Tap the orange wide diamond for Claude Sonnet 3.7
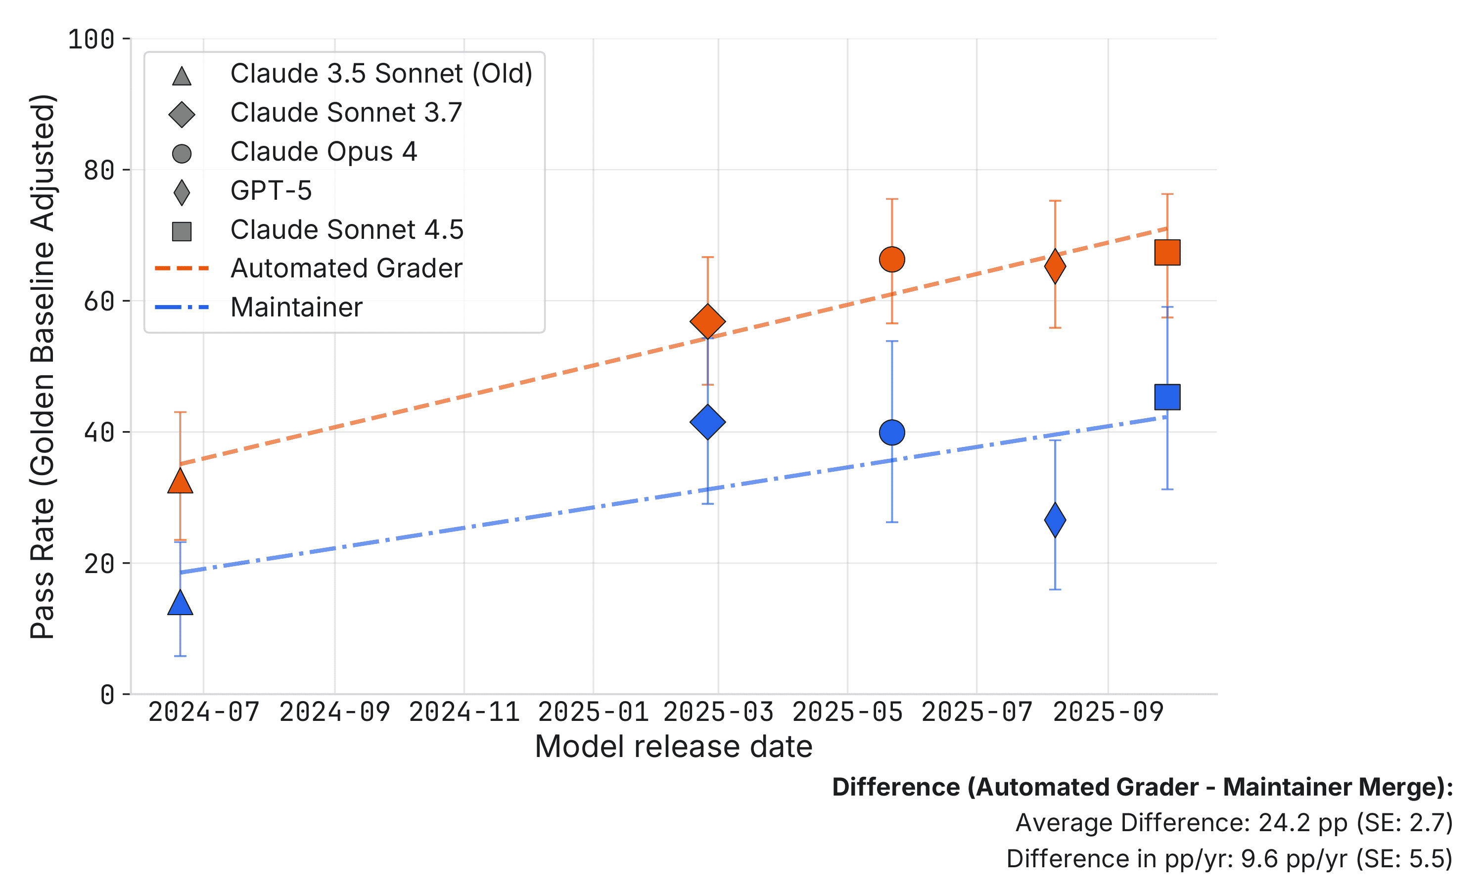coord(708,321)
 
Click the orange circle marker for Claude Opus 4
coord(892,260)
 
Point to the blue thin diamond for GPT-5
coord(1055,520)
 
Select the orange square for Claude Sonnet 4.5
coord(1167,253)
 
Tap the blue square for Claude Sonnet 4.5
coord(1167,397)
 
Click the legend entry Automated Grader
coord(346,268)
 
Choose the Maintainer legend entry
coord(296,307)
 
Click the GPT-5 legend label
coord(271,191)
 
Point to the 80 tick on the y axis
coord(99,170)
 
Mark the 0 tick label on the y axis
coord(107,695)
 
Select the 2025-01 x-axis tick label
coord(593,712)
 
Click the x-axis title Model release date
coord(673,747)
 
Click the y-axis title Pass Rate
coord(43,366)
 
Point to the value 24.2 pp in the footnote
coord(1301,823)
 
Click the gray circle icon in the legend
coord(182,154)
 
